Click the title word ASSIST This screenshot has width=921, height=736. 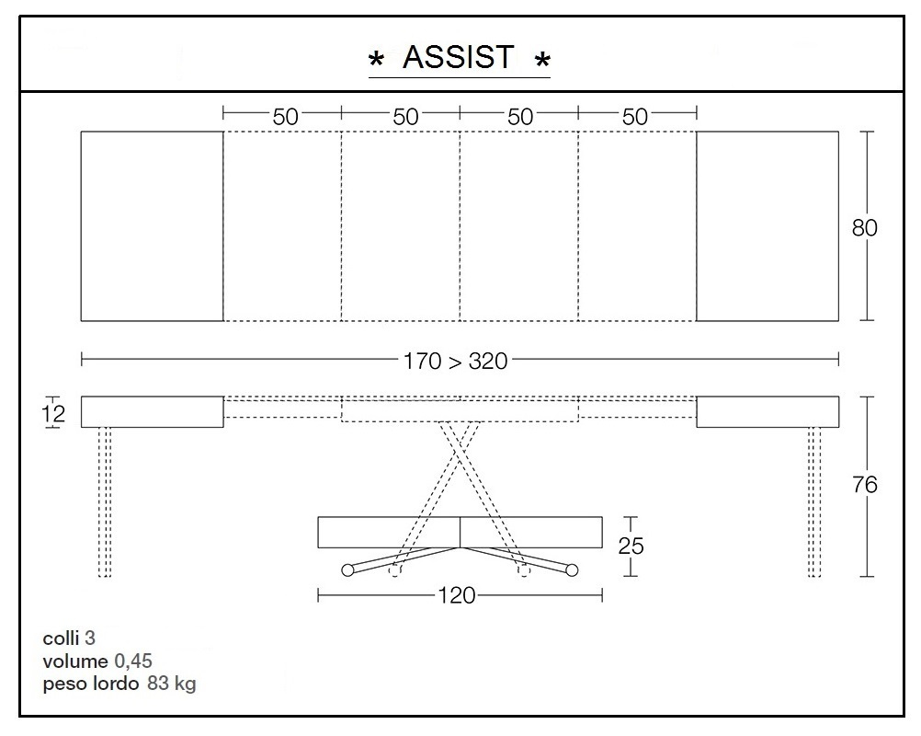tap(459, 57)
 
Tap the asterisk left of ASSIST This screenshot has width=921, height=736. tap(376, 62)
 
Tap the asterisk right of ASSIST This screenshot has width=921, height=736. tap(542, 62)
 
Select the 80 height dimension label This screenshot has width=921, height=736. tap(864, 227)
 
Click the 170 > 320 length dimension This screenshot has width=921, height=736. tap(455, 361)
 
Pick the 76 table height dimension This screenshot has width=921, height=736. tap(864, 485)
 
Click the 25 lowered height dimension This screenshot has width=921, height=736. tap(631, 546)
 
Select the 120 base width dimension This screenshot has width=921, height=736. tap(457, 596)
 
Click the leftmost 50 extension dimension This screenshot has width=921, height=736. tap(285, 116)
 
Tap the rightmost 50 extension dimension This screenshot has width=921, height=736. tap(635, 116)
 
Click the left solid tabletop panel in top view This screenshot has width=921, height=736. tap(152, 226)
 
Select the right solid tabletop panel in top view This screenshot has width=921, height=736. tap(767, 226)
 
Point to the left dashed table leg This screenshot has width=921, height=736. tap(105, 501)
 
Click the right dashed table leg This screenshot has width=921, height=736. tap(813, 501)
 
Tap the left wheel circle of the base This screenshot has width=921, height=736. tap(347, 570)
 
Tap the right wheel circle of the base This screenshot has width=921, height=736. tap(572, 570)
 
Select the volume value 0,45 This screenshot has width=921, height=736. tap(133, 661)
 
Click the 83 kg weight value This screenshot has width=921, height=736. tap(171, 684)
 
